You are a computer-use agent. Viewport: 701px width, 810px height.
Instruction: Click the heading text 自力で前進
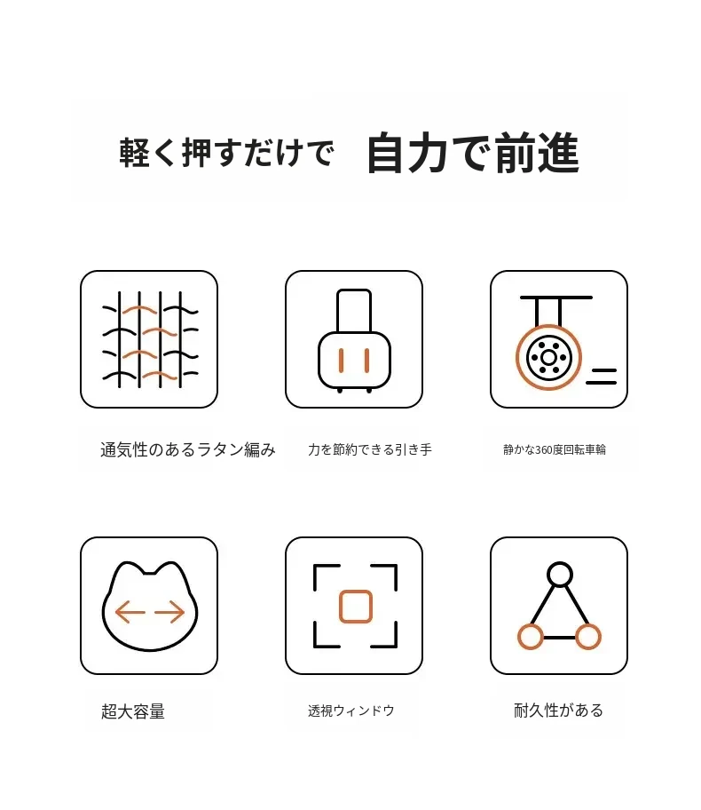[473, 153]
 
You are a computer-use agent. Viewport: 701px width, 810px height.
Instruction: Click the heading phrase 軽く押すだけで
[227, 153]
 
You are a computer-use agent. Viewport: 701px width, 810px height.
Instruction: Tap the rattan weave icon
[150, 339]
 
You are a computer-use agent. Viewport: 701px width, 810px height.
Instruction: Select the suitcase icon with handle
[354, 341]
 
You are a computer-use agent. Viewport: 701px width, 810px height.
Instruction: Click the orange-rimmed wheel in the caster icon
[548, 357]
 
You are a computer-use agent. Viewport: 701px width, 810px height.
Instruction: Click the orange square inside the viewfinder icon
[356, 607]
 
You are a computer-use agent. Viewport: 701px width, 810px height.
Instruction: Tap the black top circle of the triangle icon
[560, 575]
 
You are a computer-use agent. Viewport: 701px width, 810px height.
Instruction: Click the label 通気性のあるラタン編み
[188, 449]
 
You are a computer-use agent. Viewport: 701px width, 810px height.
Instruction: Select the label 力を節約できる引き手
[370, 449]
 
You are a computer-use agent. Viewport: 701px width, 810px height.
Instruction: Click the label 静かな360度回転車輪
[555, 449]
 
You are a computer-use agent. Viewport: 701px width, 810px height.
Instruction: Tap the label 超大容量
[133, 711]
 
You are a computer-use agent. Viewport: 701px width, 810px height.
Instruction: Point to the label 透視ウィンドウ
[351, 711]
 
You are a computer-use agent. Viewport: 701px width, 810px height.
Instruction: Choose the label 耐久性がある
[558, 711]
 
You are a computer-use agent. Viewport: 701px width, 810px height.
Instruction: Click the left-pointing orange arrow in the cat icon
[130, 613]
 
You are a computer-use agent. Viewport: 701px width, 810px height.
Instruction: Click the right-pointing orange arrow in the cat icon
[169, 613]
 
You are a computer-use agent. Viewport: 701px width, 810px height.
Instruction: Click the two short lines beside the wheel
[601, 376]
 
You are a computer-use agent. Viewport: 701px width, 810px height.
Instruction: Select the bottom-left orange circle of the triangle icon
[531, 637]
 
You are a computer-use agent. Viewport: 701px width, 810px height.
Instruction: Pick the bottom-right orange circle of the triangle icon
[588, 637]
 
